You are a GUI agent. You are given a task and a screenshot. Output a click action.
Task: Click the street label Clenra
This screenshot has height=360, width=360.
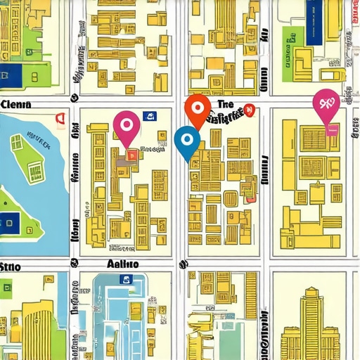[17, 105]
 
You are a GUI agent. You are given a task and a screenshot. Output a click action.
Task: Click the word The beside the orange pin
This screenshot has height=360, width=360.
[226, 104]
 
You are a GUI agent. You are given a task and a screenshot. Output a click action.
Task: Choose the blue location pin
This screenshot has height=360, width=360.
[186, 140]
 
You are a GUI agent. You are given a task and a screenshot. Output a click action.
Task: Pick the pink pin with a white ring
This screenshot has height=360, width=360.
[126, 126]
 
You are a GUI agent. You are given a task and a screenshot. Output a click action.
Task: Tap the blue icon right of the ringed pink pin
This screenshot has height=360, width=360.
[148, 117]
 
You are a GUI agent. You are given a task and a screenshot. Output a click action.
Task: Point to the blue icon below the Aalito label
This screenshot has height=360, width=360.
[127, 278]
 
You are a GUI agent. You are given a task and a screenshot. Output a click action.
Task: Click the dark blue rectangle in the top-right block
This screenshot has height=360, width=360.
[324, 17]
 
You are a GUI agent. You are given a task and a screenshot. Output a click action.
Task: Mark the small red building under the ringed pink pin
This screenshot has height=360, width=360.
[130, 153]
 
